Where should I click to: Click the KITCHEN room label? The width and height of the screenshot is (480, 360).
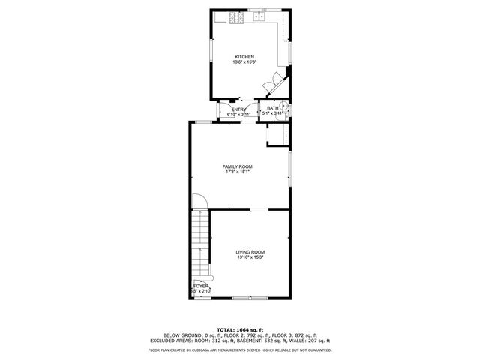click(x=244, y=57)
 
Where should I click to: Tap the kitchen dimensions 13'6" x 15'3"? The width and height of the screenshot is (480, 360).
click(x=244, y=62)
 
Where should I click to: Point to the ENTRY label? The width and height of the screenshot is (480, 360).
click(x=238, y=109)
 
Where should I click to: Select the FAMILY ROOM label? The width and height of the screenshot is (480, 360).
click(x=237, y=166)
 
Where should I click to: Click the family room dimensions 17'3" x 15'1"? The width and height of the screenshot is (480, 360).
click(x=237, y=172)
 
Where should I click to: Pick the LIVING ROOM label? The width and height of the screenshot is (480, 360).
click(x=250, y=252)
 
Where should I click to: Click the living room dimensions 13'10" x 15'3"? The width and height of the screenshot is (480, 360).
click(x=250, y=258)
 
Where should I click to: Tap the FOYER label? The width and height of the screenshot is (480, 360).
click(x=200, y=286)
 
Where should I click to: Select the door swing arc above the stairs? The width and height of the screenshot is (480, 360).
click(x=199, y=201)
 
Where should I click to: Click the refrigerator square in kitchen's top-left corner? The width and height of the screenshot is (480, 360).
click(x=219, y=18)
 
